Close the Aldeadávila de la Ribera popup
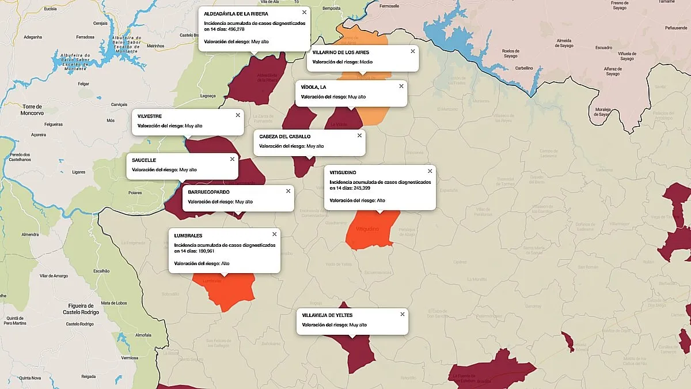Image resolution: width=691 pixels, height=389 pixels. click(304, 12)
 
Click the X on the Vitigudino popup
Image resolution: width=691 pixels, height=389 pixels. click(430, 171)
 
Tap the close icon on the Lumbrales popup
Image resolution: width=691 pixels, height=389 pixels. click(274, 234)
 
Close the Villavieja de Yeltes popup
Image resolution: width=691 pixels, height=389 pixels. click(403, 314)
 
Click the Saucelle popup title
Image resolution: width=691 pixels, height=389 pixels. click(144, 160)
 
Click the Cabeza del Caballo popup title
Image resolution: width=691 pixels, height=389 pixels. click(284, 137)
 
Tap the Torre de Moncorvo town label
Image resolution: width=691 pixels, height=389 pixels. click(32, 109)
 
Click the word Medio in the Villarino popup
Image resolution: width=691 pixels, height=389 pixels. click(367, 62)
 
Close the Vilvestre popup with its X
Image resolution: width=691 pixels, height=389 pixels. click(238, 115)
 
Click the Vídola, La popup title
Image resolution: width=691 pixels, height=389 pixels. click(313, 87)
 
